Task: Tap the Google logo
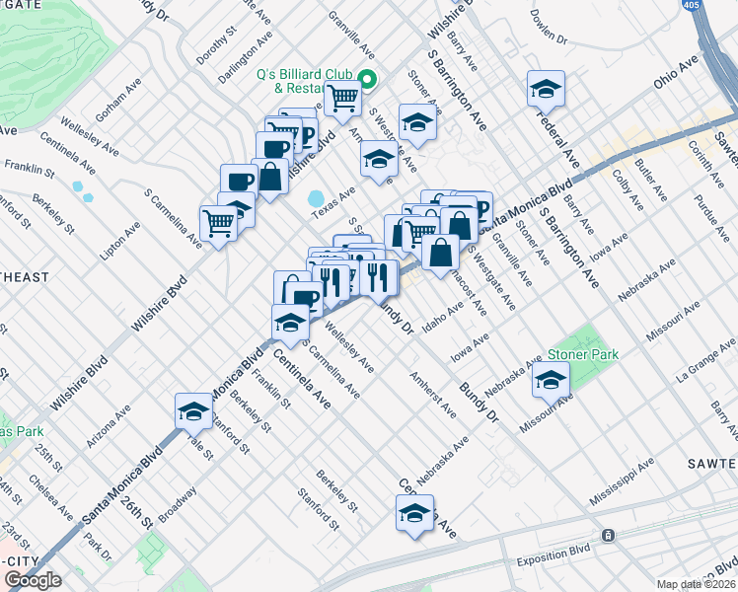click(33, 581)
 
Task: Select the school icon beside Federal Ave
click(546, 90)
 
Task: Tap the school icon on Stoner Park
click(551, 378)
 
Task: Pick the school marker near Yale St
click(193, 411)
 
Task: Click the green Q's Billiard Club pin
click(367, 81)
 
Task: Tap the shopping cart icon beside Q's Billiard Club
click(342, 97)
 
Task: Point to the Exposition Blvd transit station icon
click(609, 536)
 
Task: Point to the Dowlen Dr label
click(549, 30)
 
